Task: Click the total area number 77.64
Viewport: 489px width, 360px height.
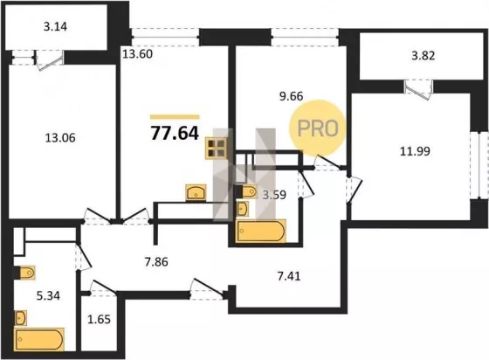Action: tap(175, 133)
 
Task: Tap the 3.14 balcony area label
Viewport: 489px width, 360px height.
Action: tap(55, 26)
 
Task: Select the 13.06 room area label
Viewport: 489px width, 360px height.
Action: tap(60, 137)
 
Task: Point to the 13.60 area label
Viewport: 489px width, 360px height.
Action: tap(138, 54)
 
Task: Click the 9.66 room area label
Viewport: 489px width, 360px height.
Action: tap(292, 96)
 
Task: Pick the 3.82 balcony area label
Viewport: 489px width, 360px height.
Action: tap(424, 56)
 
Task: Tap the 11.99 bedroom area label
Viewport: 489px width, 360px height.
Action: tap(415, 151)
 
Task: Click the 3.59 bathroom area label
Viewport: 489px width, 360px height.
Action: tap(274, 195)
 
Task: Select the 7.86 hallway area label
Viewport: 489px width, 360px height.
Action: tap(156, 262)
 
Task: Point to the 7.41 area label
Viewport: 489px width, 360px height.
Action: tap(289, 276)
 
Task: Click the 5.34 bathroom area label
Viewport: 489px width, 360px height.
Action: tap(48, 295)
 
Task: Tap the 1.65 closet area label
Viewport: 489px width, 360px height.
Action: tap(100, 320)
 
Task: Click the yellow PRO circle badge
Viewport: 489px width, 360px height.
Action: tap(318, 128)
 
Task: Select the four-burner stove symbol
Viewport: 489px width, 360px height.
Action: tap(217, 149)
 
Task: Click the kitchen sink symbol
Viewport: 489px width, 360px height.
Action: tap(196, 192)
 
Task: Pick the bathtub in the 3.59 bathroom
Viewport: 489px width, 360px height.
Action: tap(261, 232)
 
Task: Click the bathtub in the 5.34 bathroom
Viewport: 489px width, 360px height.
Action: tap(39, 339)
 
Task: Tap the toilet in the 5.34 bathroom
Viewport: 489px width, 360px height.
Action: tap(25, 273)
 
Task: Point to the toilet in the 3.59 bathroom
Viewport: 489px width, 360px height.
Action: tap(246, 191)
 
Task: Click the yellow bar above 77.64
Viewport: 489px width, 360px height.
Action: tap(175, 117)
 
